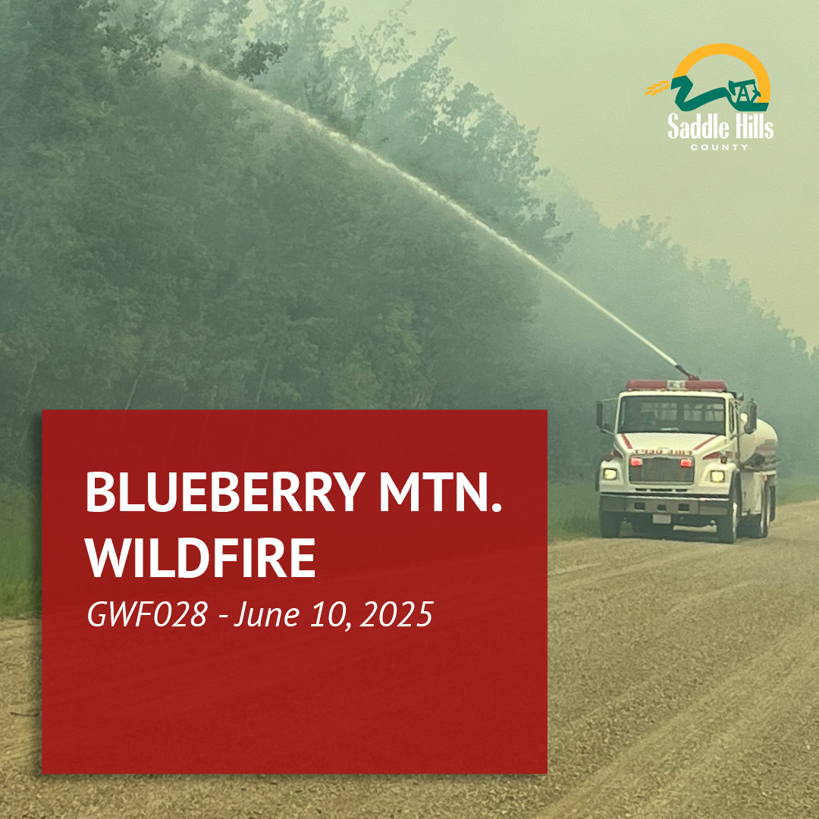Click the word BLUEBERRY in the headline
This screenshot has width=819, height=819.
pyautogui.click(x=224, y=492)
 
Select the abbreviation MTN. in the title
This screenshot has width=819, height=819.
pyautogui.click(x=441, y=492)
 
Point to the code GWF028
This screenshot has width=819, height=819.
pyautogui.click(x=147, y=614)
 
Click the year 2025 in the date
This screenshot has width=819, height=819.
pyautogui.click(x=397, y=614)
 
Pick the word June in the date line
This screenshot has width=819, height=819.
pyautogui.click(x=266, y=614)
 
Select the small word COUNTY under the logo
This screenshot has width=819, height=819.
pyautogui.click(x=719, y=147)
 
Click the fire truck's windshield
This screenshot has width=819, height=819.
pyautogui.click(x=672, y=414)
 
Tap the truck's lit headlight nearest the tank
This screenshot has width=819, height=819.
pyautogui.click(x=717, y=475)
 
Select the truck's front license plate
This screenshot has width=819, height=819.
pyautogui.click(x=662, y=519)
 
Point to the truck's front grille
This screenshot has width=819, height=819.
pyautogui.click(x=661, y=469)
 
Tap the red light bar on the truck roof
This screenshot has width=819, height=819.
pyautogui.click(x=676, y=385)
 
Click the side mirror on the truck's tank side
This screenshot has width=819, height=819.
pyautogui.click(x=751, y=417)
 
